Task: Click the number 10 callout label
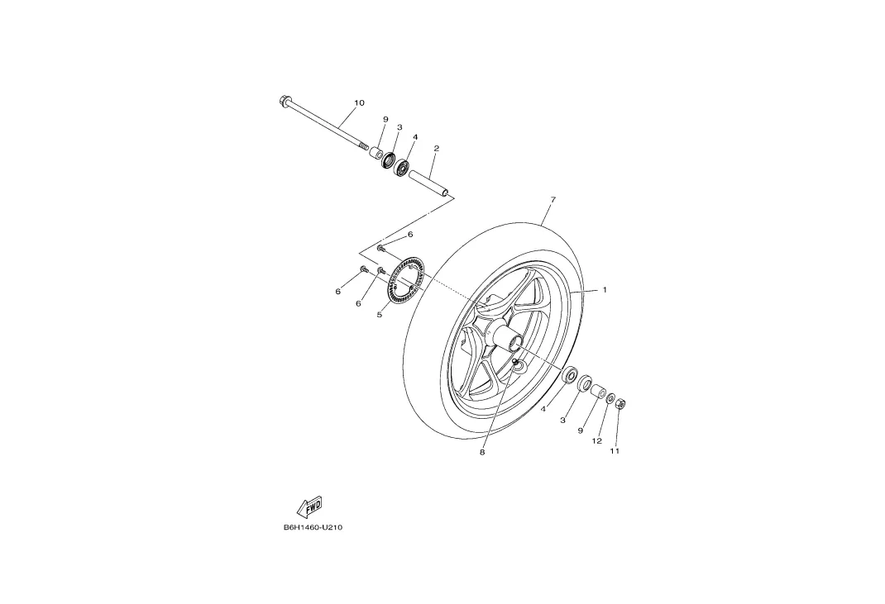coord(359,103)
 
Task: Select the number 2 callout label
coord(436,149)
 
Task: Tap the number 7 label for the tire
coord(553,200)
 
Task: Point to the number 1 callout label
coord(605,290)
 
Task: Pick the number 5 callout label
coord(379,315)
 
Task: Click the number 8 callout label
coord(482,453)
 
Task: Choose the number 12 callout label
coord(596,441)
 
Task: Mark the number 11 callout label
coord(615,451)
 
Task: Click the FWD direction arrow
coord(309,506)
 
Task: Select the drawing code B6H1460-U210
coord(313,527)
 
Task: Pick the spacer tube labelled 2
coord(431,184)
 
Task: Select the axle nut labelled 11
coord(622,404)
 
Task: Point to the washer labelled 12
coord(610,399)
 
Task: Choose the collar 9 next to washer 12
coord(597,390)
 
